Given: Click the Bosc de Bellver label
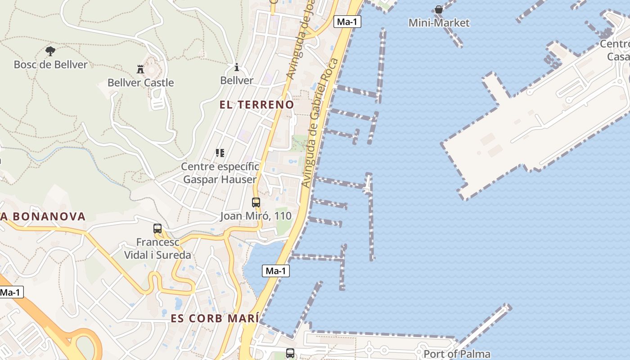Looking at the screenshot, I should pyautogui.click(x=50, y=64).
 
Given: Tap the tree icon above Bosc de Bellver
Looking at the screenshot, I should pyautogui.click(x=50, y=51).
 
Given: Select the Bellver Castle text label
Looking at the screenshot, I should pyautogui.click(x=140, y=82).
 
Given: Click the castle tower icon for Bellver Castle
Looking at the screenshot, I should pyautogui.click(x=140, y=69).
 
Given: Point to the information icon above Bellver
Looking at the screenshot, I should pyautogui.click(x=237, y=67).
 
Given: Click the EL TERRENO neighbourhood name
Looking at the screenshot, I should pyautogui.click(x=256, y=104).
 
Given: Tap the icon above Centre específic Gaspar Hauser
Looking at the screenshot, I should pyautogui.click(x=220, y=153).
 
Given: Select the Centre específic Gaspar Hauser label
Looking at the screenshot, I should pyautogui.click(x=220, y=173).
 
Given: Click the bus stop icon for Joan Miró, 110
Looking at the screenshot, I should pyautogui.click(x=256, y=202).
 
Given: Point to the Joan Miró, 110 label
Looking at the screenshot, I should pyautogui.click(x=256, y=216).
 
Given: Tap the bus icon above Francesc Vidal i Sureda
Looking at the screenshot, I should pyautogui.click(x=157, y=229).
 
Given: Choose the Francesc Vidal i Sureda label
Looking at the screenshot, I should pyautogui.click(x=157, y=248).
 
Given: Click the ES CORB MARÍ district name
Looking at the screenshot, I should pyautogui.click(x=215, y=318).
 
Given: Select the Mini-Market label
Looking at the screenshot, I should pyautogui.click(x=439, y=22).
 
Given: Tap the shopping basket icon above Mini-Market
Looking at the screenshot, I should pyautogui.click(x=439, y=9).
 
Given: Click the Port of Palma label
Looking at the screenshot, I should pyautogui.click(x=457, y=354).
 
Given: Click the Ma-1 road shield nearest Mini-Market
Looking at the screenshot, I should pyautogui.click(x=347, y=22).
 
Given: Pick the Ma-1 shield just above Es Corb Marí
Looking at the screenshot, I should pyautogui.click(x=276, y=271).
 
